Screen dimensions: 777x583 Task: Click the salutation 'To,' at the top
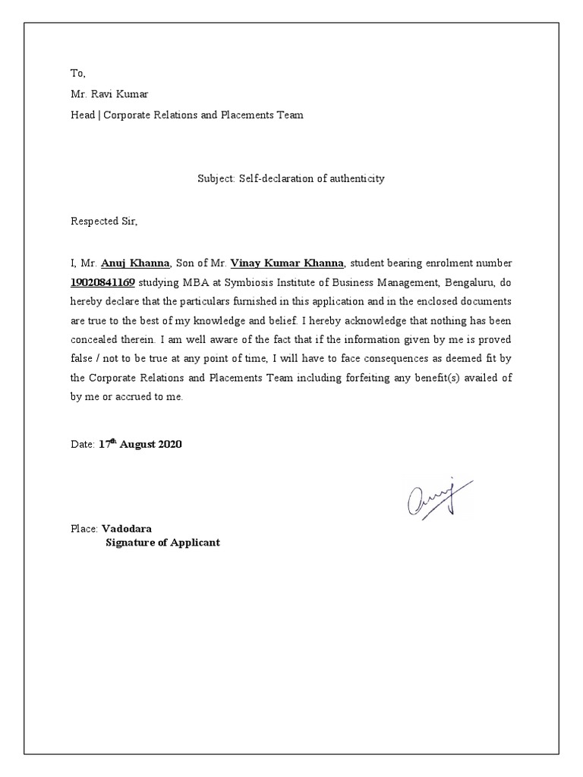tap(79, 74)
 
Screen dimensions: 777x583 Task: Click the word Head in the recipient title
tap(83, 115)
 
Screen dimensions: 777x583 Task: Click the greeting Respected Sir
tap(106, 222)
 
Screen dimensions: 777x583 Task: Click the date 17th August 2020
tap(140, 445)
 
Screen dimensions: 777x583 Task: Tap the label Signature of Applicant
tap(162, 543)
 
